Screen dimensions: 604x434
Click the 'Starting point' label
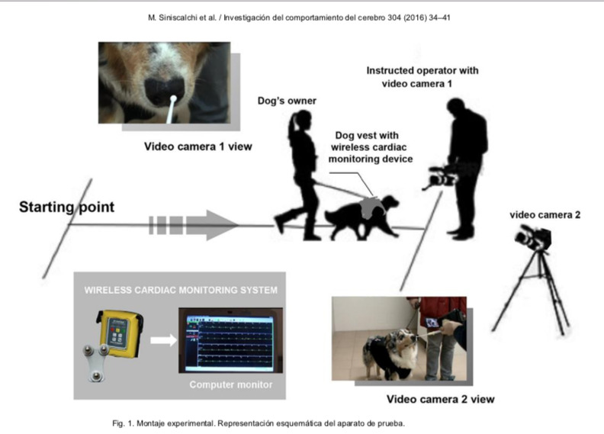[66, 207]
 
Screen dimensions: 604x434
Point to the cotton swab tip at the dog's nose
[173, 99]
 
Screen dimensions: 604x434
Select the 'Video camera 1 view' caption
[198, 146]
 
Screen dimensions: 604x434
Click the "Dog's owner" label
[287, 101]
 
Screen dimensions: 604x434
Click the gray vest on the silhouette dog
[371, 207]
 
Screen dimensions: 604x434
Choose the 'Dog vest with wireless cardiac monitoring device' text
[371, 147]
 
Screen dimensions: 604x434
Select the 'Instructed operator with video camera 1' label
[422, 77]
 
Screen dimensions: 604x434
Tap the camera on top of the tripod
[533, 238]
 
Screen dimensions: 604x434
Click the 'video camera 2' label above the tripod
[545, 215]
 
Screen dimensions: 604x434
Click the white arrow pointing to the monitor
[163, 340]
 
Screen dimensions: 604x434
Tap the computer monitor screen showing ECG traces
[230, 340]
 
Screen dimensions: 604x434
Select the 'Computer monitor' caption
[231, 384]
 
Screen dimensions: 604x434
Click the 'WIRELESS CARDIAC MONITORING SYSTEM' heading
[181, 290]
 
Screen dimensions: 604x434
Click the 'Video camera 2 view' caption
[440, 400]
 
